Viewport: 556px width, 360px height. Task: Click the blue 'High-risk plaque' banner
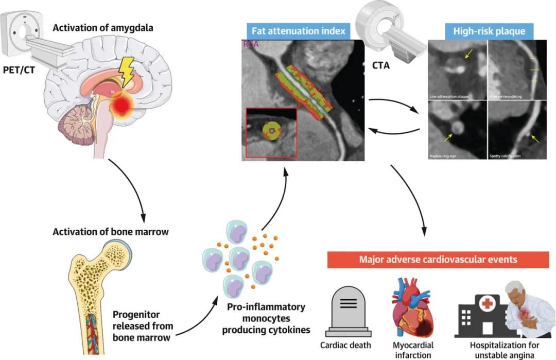489,31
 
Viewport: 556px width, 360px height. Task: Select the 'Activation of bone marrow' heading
111,232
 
